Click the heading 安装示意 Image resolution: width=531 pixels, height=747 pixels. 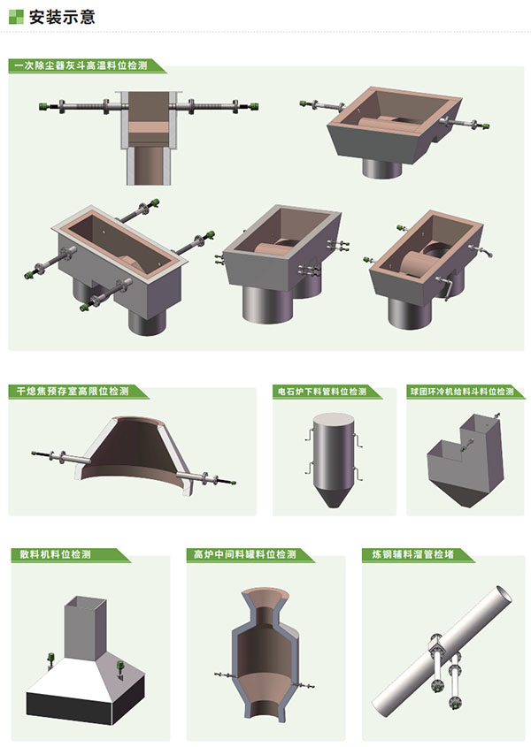click(x=62, y=17)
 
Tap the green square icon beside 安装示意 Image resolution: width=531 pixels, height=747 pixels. click(x=16, y=17)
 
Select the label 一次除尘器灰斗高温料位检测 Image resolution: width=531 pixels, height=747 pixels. click(x=81, y=65)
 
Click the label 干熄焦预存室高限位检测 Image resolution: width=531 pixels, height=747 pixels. click(x=73, y=392)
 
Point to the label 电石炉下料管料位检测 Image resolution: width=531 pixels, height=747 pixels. click(x=322, y=392)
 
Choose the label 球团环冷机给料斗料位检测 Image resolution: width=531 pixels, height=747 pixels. click(x=462, y=392)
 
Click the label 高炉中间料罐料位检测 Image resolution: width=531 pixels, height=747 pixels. click(x=245, y=554)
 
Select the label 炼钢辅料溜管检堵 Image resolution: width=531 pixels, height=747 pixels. click(x=413, y=554)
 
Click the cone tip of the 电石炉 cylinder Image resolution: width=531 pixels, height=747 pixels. click(x=334, y=506)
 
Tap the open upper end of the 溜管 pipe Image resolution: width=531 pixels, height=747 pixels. click(x=504, y=593)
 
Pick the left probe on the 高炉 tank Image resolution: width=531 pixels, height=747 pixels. click(x=223, y=675)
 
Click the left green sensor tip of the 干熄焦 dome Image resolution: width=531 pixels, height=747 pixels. click(x=35, y=453)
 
